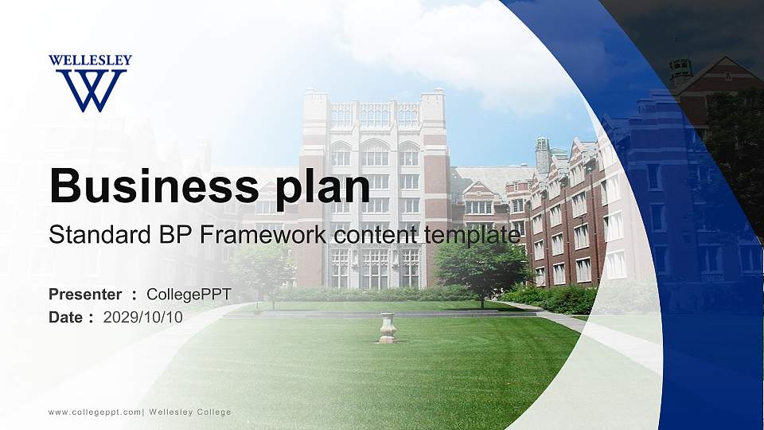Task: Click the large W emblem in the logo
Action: tap(90, 89)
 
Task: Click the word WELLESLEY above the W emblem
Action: tap(90, 61)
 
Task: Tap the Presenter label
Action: tap(85, 295)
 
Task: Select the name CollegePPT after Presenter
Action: tap(189, 295)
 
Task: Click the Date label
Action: tap(67, 317)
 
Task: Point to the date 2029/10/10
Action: tap(143, 317)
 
